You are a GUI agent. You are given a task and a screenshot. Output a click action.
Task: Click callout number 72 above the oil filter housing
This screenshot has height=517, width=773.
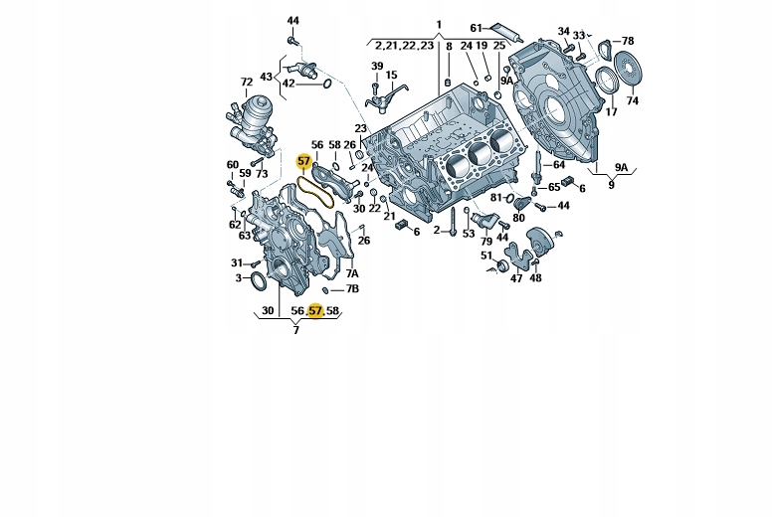tap(246, 82)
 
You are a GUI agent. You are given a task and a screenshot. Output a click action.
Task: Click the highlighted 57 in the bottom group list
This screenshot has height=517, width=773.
tap(315, 311)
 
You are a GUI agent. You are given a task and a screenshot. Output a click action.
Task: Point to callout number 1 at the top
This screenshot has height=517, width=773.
tap(437, 24)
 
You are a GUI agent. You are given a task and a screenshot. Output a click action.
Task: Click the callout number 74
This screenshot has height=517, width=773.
tap(632, 101)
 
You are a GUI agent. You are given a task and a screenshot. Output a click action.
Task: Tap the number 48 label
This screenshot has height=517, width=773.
tap(535, 278)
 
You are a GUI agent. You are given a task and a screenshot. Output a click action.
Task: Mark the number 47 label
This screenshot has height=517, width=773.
tap(515, 278)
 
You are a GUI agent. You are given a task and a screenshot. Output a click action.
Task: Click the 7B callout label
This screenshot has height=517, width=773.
tap(352, 289)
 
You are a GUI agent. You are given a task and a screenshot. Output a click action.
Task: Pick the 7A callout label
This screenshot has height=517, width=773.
tap(352, 272)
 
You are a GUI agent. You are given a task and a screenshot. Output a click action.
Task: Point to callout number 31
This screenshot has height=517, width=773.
tap(237, 262)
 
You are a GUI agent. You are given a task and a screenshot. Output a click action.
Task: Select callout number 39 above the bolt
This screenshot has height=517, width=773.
tap(377, 66)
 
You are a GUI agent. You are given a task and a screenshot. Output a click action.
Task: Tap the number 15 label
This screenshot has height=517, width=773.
tap(392, 76)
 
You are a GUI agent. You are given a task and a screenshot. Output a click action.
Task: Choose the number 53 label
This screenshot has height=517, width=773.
tap(469, 235)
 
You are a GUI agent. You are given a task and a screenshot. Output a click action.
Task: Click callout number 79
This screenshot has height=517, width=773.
tap(486, 242)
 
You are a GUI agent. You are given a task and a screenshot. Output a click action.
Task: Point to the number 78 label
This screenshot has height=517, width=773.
tap(628, 41)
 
